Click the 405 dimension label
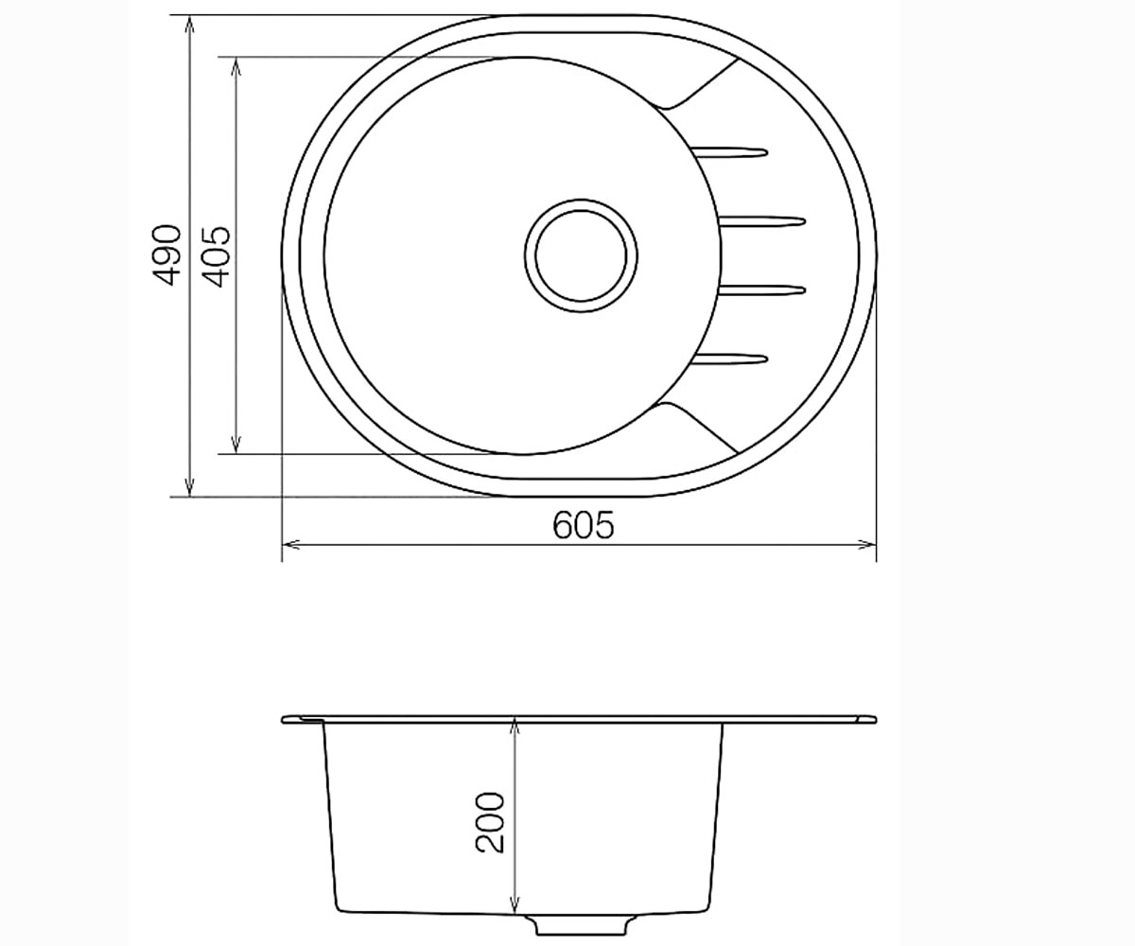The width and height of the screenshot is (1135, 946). pyautogui.click(x=217, y=256)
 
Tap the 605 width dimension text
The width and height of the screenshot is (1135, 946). pyautogui.click(x=584, y=525)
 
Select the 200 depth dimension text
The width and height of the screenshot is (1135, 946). pyautogui.click(x=490, y=823)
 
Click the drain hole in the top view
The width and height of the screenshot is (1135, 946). pyautogui.click(x=581, y=255)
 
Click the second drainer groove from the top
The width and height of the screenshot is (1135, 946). pyautogui.click(x=762, y=220)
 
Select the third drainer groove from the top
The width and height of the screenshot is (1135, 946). pyautogui.click(x=762, y=290)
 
